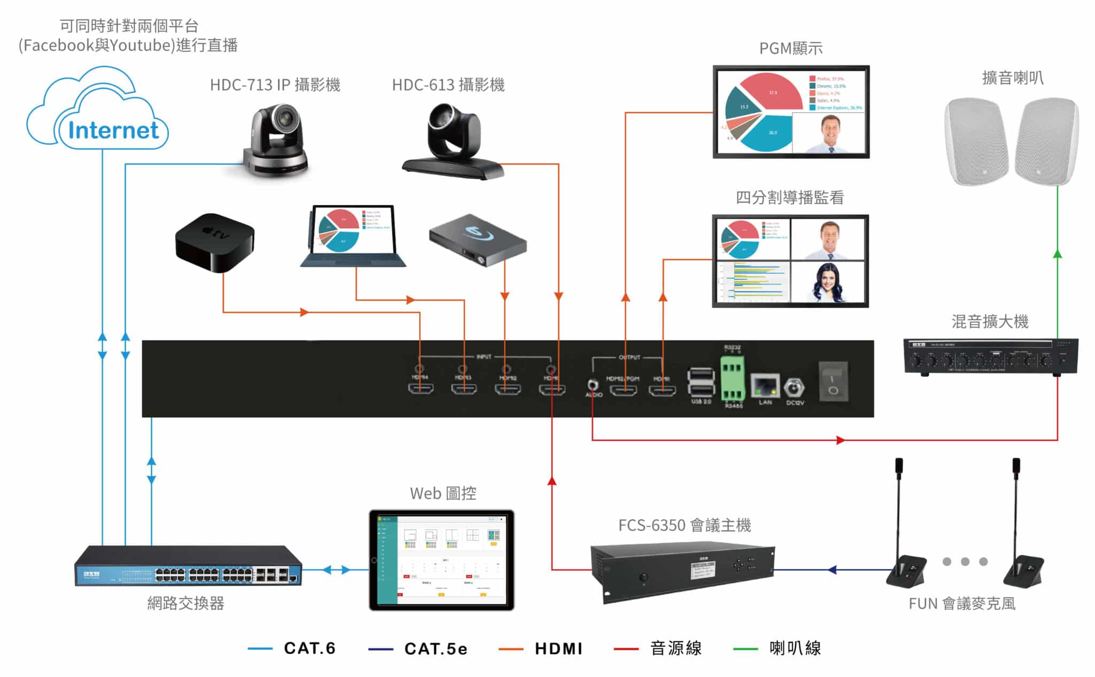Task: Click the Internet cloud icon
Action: tap(99, 115)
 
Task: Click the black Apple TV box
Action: tap(214, 243)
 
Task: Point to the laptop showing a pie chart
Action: tap(353, 236)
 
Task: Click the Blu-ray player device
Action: tap(477, 240)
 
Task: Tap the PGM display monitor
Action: tap(791, 112)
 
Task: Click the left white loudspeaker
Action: tap(975, 142)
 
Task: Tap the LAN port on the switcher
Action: tap(765, 386)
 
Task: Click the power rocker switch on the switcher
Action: tap(833, 381)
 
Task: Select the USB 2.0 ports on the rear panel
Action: tap(700, 382)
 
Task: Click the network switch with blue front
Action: tap(188, 566)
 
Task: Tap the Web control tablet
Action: tap(442, 560)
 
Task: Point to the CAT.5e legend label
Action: tap(436, 649)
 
